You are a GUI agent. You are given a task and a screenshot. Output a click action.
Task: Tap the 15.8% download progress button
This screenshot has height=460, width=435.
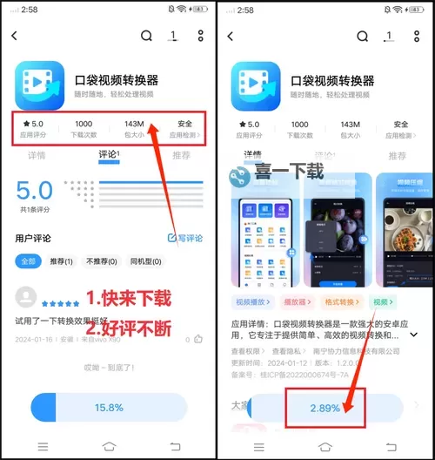pyautogui.click(x=109, y=407)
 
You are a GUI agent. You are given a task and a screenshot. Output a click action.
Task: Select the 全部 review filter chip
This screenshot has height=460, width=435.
pyautogui.click(x=29, y=260)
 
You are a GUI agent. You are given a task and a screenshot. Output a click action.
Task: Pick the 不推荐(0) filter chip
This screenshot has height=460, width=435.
pyautogui.click(x=101, y=260)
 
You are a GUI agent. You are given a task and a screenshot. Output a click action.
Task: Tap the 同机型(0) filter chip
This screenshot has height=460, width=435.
pyautogui.click(x=144, y=260)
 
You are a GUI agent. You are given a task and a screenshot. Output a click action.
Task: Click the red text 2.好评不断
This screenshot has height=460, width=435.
pyautogui.click(x=128, y=328)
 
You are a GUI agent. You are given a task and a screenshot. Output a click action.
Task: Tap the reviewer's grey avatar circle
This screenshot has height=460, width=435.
pyautogui.click(x=27, y=296)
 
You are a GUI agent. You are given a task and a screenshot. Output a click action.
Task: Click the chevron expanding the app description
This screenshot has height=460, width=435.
pyautogui.click(x=414, y=334)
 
